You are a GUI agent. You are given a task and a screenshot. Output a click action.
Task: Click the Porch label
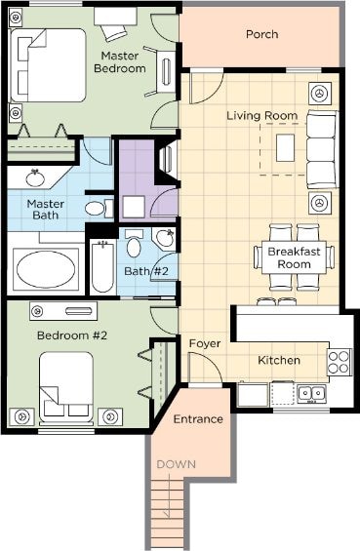click(261, 34)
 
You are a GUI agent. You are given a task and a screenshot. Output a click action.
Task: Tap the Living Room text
click(261, 116)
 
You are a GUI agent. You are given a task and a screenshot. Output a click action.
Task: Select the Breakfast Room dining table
click(294, 257)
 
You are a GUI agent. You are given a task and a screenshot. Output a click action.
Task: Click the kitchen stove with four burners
click(339, 362)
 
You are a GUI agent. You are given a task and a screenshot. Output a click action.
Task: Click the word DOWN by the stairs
click(177, 464)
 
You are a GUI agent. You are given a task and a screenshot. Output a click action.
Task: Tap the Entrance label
click(198, 419)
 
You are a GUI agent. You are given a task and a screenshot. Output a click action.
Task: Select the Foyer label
click(205, 343)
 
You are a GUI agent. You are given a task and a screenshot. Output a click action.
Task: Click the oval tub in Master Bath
click(46, 269)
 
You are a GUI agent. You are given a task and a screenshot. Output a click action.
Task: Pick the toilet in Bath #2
click(134, 244)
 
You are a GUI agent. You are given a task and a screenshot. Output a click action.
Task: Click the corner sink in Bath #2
click(164, 239)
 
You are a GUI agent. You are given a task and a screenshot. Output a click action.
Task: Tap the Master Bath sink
click(36, 178)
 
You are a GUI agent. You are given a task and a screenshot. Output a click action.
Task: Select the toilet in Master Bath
click(99, 209)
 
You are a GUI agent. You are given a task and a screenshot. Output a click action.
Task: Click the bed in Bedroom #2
click(66, 387)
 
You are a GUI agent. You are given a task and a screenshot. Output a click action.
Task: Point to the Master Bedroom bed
click(49, 65)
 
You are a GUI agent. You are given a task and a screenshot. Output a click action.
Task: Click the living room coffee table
click(285, 147)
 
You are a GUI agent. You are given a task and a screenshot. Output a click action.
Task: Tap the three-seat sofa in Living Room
click(322, 149)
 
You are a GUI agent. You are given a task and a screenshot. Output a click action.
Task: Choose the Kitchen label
click(279, 360)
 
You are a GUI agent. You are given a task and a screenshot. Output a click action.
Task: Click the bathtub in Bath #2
click(102, 266)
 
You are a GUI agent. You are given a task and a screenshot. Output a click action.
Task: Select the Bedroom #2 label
click(72, 335)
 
